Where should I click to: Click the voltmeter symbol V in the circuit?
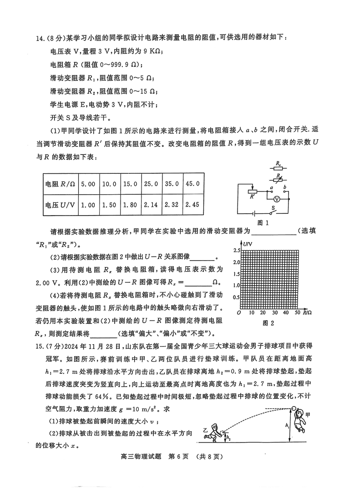coord(276,199)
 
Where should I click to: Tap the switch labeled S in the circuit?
coord(273,212)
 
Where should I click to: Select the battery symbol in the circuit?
coord(254,212)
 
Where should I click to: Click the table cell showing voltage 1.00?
coord(87,205)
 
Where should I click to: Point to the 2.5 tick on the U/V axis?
coord(236,251)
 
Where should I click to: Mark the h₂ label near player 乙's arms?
coord(229,438)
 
